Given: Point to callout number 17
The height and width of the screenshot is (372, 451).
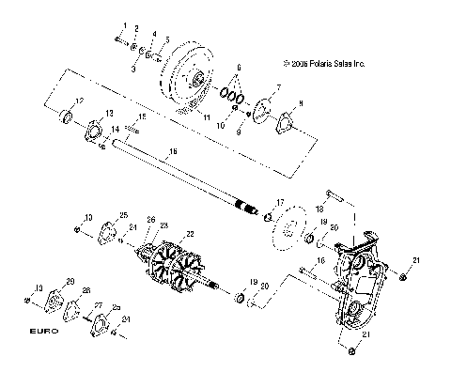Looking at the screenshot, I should (280, 203).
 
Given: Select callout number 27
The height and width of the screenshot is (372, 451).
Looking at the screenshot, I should (98, 305).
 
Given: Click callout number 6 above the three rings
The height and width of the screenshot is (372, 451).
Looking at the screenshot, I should (240, 69).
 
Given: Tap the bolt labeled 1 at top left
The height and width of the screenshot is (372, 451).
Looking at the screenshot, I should (120, 39).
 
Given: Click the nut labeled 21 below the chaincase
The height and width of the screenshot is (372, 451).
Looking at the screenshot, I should (350, 350).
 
